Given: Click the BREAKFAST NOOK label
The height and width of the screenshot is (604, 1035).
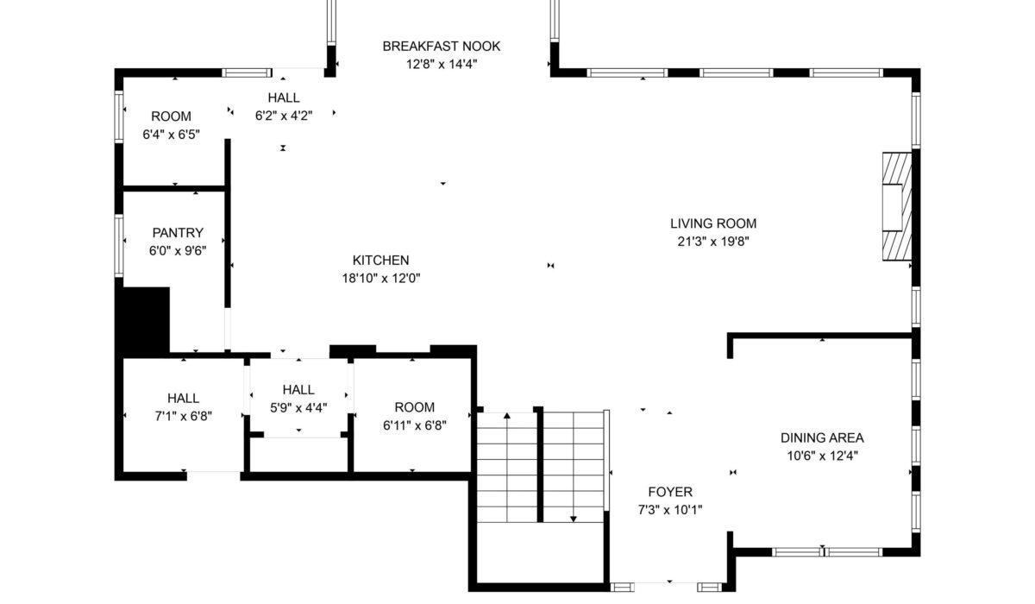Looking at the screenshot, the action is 442,47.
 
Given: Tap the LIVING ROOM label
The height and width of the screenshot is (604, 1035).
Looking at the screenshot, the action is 713,223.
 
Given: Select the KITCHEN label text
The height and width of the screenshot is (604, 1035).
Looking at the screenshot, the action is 380,261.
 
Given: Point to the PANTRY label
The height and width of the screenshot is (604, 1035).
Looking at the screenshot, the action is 178,232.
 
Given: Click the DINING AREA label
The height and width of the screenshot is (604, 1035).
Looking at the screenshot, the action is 823,437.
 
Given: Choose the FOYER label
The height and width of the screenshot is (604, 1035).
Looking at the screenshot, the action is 670,492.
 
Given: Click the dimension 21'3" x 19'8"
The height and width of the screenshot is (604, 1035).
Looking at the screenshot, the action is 713,242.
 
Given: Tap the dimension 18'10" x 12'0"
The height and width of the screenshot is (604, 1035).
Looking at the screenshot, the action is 381,278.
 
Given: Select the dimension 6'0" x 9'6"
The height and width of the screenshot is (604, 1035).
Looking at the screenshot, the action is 178,250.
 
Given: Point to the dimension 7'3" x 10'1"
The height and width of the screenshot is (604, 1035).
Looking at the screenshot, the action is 670,510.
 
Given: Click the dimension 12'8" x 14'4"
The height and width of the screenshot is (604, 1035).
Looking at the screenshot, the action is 442,64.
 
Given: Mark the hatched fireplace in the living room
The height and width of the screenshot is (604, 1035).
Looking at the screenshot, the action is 897,206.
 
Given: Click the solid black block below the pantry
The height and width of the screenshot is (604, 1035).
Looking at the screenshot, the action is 142,320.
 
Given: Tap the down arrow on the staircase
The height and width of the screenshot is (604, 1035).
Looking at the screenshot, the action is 574,467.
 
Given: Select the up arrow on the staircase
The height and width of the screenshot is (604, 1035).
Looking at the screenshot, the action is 507,467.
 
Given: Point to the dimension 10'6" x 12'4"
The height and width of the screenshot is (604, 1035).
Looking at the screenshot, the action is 823,456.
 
